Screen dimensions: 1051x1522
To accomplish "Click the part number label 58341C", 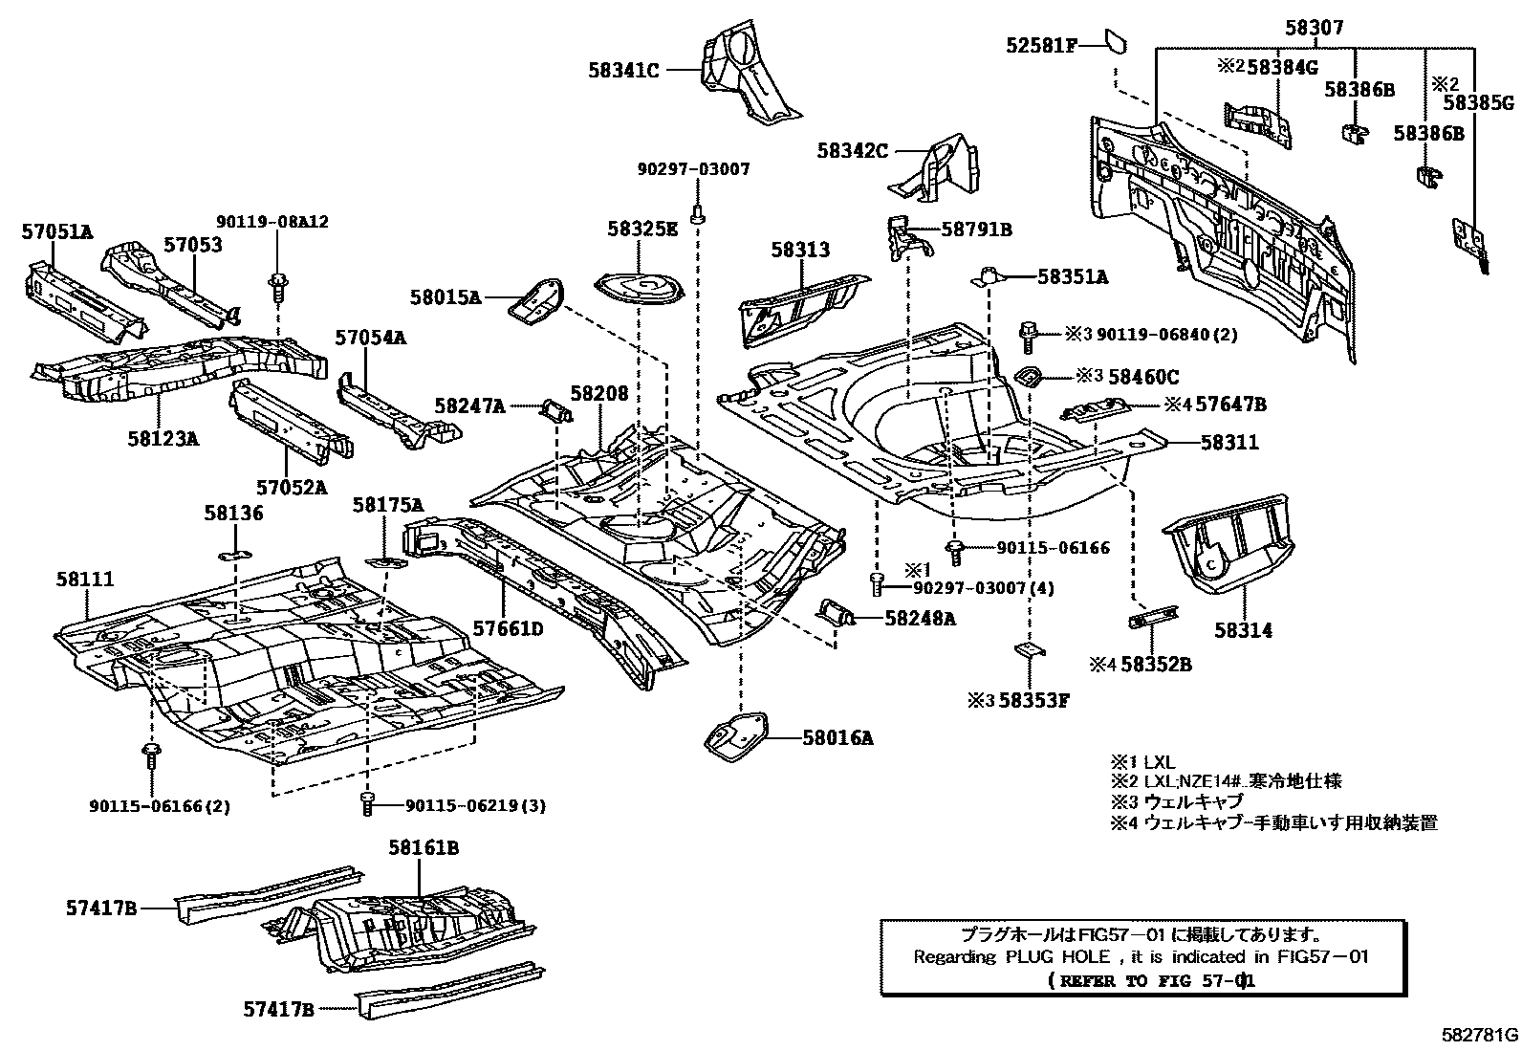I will click(624, 69).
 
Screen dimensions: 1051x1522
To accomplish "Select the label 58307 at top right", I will click(1314, 29).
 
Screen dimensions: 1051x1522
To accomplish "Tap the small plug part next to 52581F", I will click(1115, 41).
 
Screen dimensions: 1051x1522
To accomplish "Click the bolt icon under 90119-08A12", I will click(278, 282).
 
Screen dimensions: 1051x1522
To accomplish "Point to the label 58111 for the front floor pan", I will click(85, 579).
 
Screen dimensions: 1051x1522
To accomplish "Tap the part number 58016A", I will click(837, 737).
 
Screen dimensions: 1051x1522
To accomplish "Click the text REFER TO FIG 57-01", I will click(1151, 981).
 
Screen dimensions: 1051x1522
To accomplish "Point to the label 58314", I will click(1244, 631).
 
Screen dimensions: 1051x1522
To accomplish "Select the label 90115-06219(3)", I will click(474, 806).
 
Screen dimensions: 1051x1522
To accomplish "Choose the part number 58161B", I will click(424, 848).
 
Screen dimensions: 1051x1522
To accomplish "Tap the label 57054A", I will click(370, 337).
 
